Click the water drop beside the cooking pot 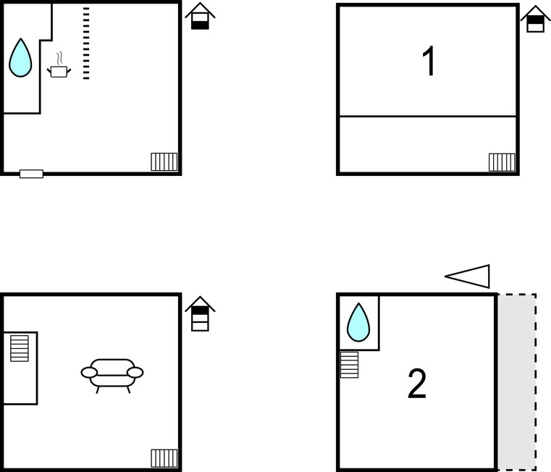[x=20, y=58]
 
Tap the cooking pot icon [x=59, y=72]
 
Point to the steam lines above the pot [x=60, y=59]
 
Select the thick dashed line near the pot [x=86, y=43]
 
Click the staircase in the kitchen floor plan [x=164, y=161]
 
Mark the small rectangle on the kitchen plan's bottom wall [x=31, y=174]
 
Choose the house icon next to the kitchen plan [x=200, y=16]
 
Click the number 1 [x=429, y=61]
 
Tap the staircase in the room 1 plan [x=502, y=162]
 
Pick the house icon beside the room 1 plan [x=536, y=19]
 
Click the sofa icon [x=112, y=375]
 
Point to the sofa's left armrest [x=89, y=373]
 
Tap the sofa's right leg [x=128, y=389]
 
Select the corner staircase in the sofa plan [x=164, y=458]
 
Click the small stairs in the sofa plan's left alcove [x=20, y=348]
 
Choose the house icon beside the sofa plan [x=200, y=314]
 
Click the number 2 [x=417, y=384]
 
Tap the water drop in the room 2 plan [x=358, y=323]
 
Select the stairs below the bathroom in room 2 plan [x=349, y=365]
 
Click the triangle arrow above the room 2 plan [x=467, y=277]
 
